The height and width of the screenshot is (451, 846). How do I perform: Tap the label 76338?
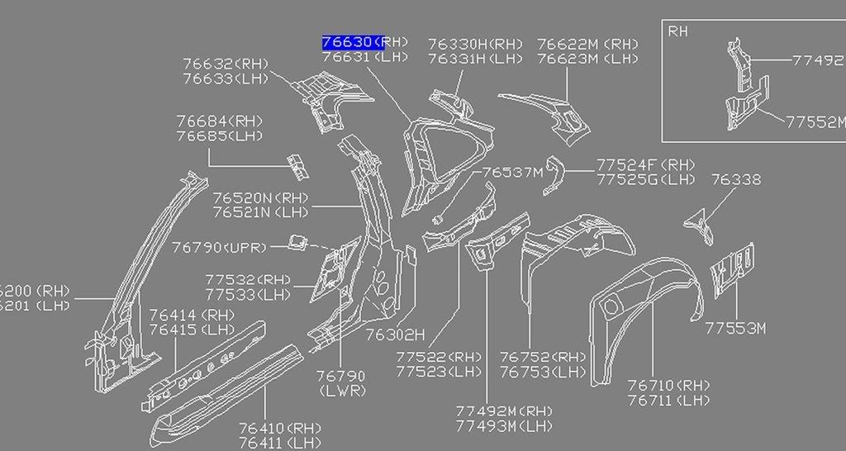point(736,179)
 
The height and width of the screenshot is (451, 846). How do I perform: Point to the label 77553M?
point(735,329)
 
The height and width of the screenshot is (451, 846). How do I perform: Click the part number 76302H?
point(395,335)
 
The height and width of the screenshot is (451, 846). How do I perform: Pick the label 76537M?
point(513,172)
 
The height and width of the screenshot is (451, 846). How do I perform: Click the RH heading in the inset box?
point(677,32)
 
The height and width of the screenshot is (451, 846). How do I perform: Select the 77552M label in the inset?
point(815,121)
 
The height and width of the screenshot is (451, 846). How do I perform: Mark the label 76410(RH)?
point(280,428)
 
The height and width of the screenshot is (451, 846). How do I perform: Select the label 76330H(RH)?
point(476,44)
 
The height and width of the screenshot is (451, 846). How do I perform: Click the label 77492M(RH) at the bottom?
point(504,411)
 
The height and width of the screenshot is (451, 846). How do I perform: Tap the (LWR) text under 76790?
point(341,390)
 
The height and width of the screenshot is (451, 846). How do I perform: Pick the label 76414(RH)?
point(192,315)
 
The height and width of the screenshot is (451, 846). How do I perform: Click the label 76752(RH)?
point(543,357)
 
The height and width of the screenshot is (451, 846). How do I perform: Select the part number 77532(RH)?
point(248,280)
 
